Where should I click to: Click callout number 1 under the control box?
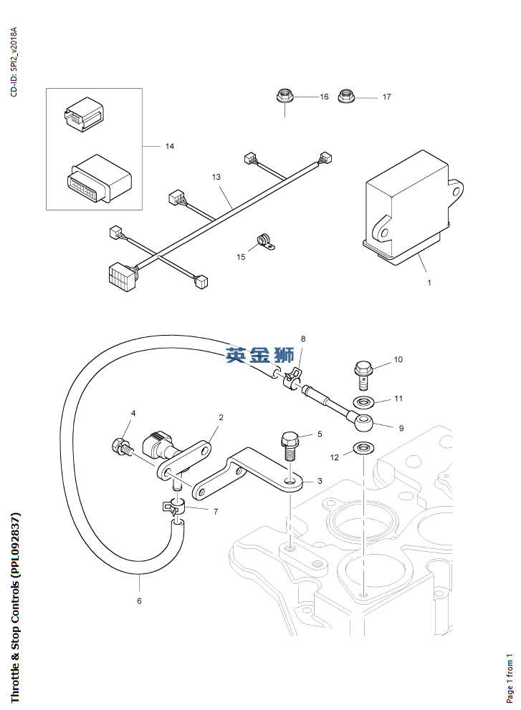point(429,283)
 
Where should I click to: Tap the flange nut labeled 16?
point(284,96)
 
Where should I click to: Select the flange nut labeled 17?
point(348,96)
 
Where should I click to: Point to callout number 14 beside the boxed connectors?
point(170,147)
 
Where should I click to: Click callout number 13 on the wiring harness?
point(216,176)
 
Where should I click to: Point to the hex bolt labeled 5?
point(290,445)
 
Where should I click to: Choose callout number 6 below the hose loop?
point(139,601)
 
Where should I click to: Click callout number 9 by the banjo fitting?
point(401,429)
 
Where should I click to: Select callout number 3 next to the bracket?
point(320,481)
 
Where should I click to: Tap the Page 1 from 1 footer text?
point(510,677)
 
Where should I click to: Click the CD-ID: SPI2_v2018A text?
point(14,62)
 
